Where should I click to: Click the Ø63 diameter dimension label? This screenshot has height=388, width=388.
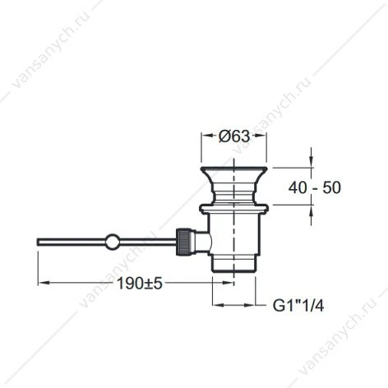coord(234,136)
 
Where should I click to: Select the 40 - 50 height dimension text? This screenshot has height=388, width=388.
coord(315,187)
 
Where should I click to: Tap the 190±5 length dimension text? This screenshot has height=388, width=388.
coord(140,284)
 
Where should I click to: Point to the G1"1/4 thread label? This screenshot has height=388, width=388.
coord(298,305)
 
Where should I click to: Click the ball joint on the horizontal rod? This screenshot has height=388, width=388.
coord(112,242)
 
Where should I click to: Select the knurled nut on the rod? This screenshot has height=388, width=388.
coord(183,242)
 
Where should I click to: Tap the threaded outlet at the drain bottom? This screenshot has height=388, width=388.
coord(233,264)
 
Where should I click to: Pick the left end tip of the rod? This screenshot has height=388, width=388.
coord(38,242)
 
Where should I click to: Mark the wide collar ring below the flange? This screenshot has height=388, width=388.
coord(233,208)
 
